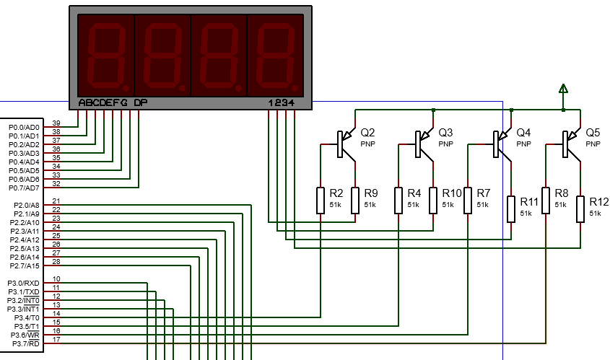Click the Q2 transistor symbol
coord(346,144)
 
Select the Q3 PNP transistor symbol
coord(424,144)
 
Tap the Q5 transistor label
coord(593,133)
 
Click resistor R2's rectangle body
coord(321,201)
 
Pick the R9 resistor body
coord(355,201)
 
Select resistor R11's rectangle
coord(511,209)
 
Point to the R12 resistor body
coord(580,209)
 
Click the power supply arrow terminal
coord(563,89)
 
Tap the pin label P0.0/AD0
coord(24,128)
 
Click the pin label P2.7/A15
coord(25,266)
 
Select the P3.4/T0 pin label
coord(27,318)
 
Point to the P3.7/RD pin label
coord(26,343)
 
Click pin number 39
coord(56,123)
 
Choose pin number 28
coord(56,262)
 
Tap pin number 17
coord(56,339)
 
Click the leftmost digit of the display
coord(106,56)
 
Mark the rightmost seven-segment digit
coord(276,56)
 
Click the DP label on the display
coord(141,103)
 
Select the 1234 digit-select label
coord(282,103)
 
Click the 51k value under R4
coord(413,204)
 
